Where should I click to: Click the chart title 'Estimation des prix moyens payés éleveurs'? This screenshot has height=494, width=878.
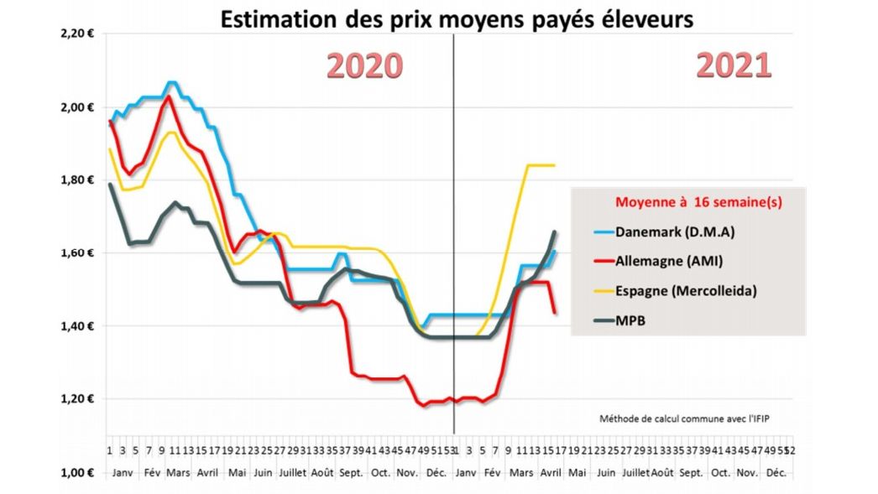(x=457, y=18)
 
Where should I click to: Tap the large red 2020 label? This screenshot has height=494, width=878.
(x=364, y=65)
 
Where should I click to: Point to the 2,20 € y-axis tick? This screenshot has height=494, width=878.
(x=78, y=34)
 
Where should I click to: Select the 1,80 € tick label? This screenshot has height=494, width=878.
(x=78, y=179)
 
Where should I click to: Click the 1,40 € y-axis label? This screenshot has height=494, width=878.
(x=78, y=325)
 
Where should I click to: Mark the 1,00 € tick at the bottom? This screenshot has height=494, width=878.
(x=78, y=472)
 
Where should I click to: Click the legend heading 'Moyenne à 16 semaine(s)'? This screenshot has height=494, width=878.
(x=688, y=202)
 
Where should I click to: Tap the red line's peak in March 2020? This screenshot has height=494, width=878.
(x=169, y=96)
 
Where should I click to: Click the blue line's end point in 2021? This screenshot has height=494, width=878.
(x=555, y=251)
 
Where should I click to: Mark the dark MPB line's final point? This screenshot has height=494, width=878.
(x=555, y=231)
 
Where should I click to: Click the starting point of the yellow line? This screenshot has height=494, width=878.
(x=110, y=149)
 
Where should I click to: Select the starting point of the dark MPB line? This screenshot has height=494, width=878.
(x=110, y=184)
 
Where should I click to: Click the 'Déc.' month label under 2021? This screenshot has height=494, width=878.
(x=778, y=473)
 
